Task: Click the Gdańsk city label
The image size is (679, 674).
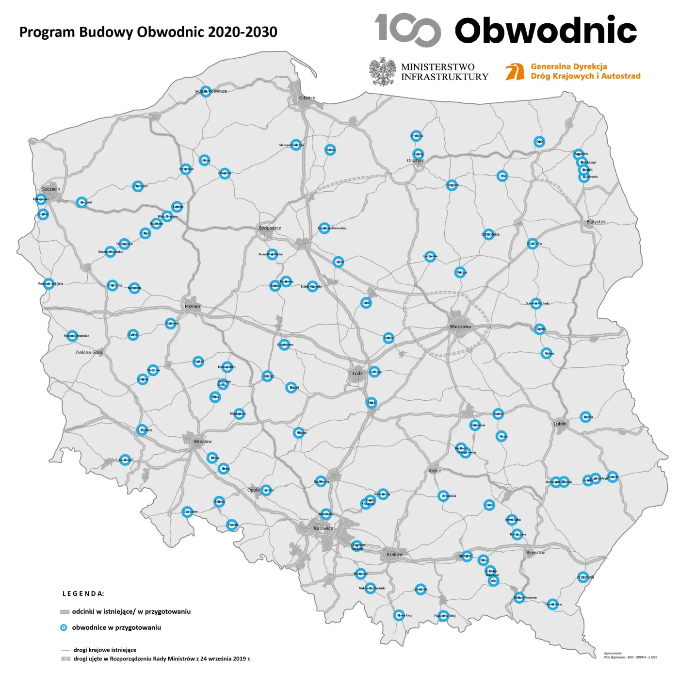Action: tap(307, 98)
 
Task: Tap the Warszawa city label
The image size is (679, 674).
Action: tap(460, 327)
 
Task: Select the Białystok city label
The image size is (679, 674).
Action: tap(596, 222)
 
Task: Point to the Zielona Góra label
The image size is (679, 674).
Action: tap(89, 352)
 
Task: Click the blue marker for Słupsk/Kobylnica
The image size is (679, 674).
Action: tap(206, 91)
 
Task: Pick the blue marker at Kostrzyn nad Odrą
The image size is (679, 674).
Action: tap(48, 284)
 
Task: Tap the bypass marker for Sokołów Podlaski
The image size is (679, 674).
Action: tap(535, 303)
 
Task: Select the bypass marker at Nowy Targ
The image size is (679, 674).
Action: tap(399, 615)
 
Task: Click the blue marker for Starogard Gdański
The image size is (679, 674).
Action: tap(296, 145)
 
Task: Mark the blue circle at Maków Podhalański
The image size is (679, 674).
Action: tap(370, 588)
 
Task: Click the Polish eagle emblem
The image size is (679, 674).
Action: tap(383, 72)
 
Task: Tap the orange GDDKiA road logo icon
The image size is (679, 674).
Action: tap(515, 71)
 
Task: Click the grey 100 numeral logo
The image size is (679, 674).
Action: tap(407, 30)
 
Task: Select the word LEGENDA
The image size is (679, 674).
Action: tap(83, 593)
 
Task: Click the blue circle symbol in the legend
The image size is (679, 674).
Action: tap(64, 627)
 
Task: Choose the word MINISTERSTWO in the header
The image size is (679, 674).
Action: tap(437, 67)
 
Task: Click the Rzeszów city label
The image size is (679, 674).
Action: tap(535, 553)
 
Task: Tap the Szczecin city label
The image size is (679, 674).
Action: tap(51, 189)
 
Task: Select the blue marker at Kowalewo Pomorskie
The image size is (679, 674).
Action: tap(324, 228)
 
